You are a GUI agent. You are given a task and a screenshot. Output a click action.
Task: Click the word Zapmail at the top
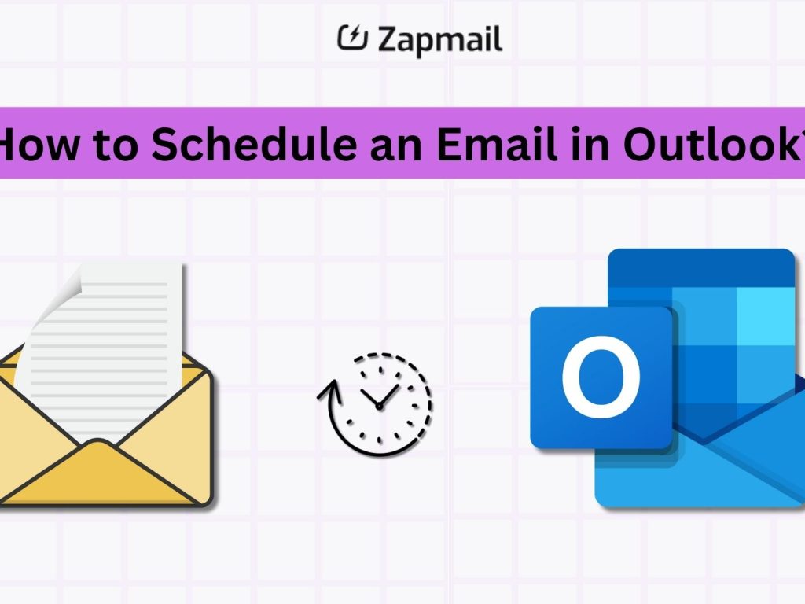(x=439, y=39)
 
